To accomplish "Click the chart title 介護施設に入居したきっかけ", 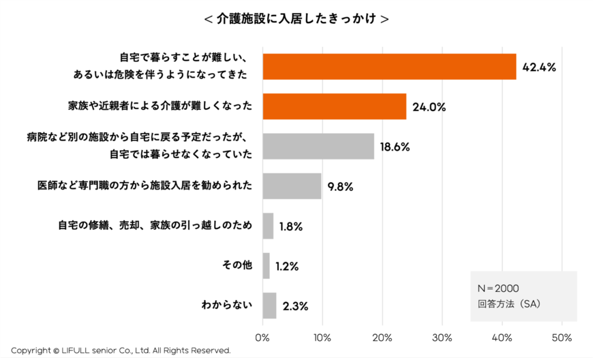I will coord(296,19).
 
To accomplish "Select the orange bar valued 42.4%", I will coord(389,67).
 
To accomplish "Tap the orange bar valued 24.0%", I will coord(334,106).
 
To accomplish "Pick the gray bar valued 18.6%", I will coord(318,146).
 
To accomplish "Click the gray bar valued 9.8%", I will coord(292,186).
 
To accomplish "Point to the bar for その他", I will coord(266,266).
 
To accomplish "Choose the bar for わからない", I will coord(269,305).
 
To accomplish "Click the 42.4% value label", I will coord(539,67).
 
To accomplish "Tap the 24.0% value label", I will coord(429,107).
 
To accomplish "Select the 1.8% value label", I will coord(290,226).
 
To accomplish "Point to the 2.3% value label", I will coord(294,306).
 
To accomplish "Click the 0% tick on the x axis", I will coord(262,337).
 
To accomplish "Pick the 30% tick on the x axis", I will coord(442,337).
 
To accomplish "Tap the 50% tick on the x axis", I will coord(562,337).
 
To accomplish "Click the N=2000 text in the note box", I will coord(499,288).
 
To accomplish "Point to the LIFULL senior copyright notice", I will coord(121,350).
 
